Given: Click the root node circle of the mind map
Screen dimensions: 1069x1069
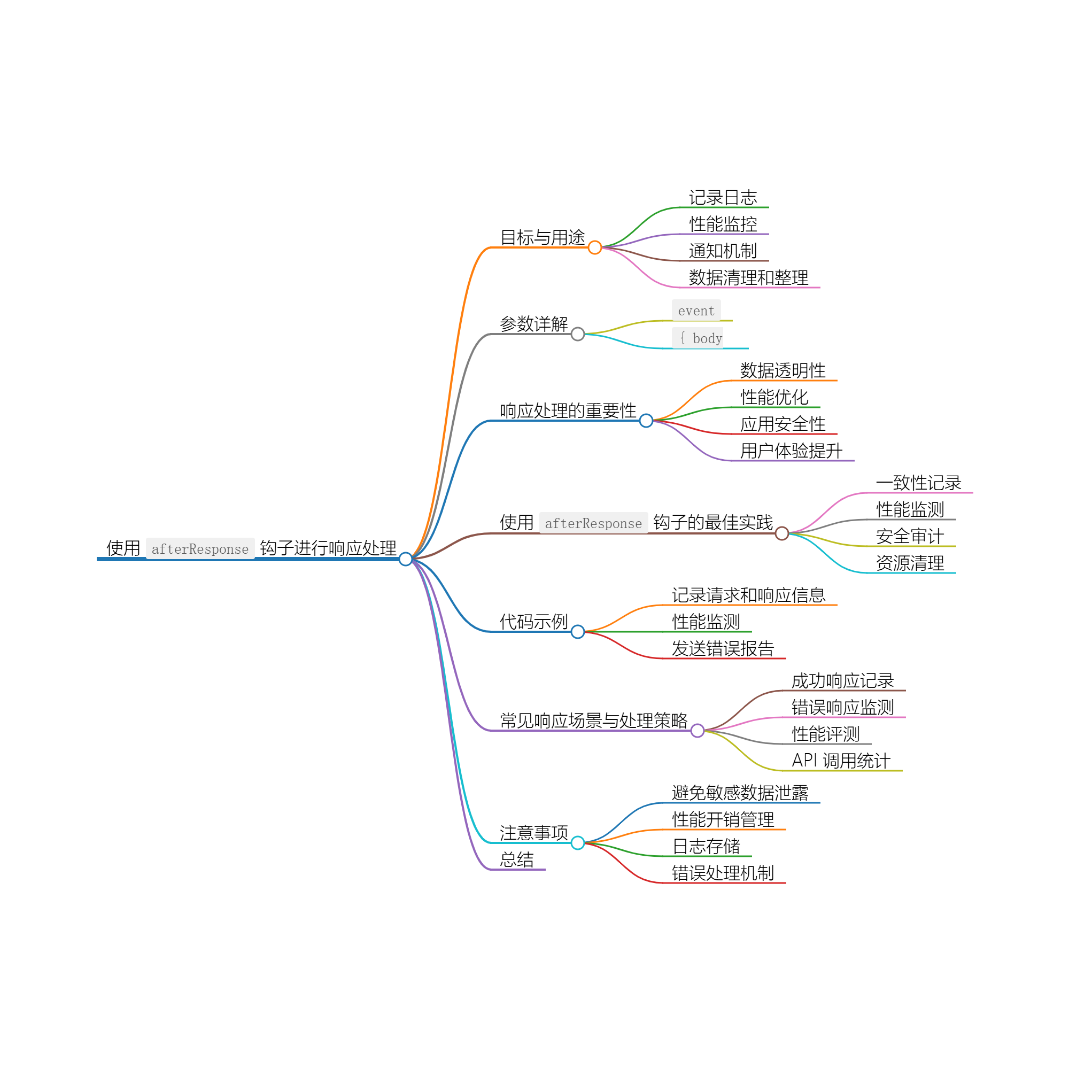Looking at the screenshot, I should tap(406, 559).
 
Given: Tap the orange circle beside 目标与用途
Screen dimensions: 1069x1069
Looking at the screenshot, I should tap(595, 247).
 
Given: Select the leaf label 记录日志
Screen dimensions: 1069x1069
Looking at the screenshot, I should tap(723, 198).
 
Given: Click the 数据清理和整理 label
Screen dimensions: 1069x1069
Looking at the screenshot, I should tap(748, 278).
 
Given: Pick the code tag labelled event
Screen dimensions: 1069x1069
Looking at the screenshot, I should tap(696, 311).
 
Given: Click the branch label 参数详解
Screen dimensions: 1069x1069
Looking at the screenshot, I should tap(533, 324).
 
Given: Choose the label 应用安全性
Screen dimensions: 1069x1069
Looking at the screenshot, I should tap(783, 424).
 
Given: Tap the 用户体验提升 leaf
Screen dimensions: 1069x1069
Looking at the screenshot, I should tap(791, 451).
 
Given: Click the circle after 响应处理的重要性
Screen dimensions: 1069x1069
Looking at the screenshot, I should tap(646, 421).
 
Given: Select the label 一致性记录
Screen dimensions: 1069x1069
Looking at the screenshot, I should tap(918, 483).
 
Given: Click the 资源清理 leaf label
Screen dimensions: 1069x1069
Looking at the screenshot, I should tap(910, 563).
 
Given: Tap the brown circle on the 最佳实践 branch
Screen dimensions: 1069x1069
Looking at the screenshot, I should tap(782, 533).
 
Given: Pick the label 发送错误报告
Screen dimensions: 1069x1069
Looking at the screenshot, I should tap(723, 648).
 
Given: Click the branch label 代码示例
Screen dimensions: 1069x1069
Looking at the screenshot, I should tap(533, 622).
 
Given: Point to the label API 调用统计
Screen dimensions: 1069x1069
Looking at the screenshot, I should tap(841, 761).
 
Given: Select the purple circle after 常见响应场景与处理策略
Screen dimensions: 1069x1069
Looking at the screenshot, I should tap(698, 731).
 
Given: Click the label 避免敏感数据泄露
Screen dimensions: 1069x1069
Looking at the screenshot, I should tap(740, 793).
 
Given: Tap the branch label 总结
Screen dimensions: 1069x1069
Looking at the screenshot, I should tap(517, 860).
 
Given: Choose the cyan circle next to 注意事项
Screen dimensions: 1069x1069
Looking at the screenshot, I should tap(578, 843).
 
